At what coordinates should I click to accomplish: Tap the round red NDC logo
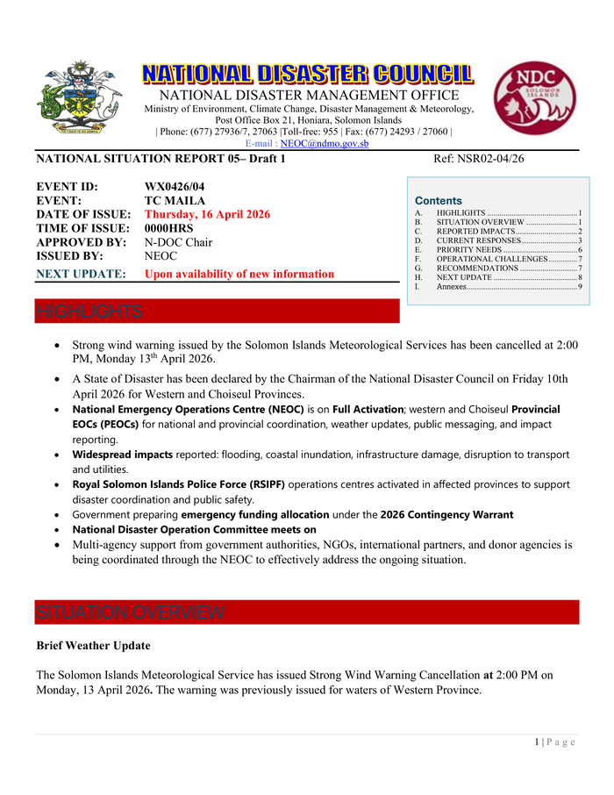pos(535,97)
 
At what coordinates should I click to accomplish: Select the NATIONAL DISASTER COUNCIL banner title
pos(308,75)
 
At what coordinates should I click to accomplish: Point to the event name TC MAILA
pos(175,200)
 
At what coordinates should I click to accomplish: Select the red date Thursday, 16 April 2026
pos(207,214)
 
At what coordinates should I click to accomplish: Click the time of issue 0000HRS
pos(168,228)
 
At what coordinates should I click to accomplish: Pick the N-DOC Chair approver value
pos(178,242)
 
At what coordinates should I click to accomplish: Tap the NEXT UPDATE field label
pos(81,274)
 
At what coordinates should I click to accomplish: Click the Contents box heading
pos(438,200)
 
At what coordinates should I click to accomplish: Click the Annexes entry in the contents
pos(451,287)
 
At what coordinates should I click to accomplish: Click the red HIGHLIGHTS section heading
pos(89,312)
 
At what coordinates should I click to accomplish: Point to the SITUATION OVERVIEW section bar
pos(130,612)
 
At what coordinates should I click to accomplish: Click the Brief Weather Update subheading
pos(93,646)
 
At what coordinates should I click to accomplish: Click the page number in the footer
pos(537,742)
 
